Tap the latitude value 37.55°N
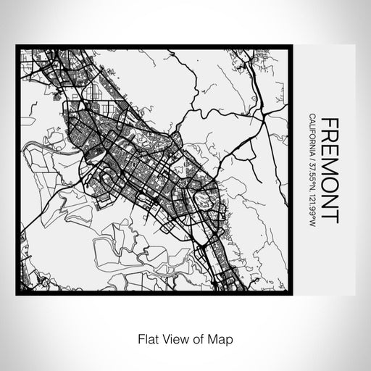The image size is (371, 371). pos(311,174)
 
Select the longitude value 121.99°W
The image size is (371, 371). pos(311,207)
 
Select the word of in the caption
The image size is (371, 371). pos(195,338)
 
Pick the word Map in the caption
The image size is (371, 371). pos(214,338)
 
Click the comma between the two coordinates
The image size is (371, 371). pos(311,190)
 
